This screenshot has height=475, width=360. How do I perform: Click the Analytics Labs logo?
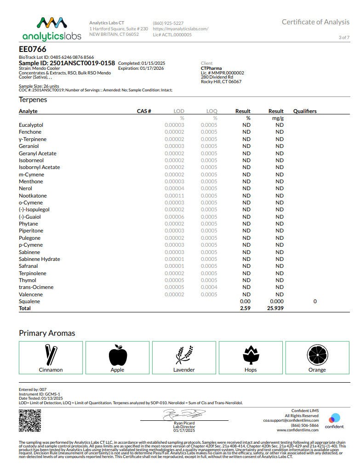[51, 28]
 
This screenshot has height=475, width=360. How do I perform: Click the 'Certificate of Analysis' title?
[316, 22]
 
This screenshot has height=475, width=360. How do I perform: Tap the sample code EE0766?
[33, 49]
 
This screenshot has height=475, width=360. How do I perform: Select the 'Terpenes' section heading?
[33, 100]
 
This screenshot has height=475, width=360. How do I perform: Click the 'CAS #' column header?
[144, 111]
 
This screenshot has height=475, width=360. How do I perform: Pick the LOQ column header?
[211, 111]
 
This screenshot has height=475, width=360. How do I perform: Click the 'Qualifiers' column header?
[305, 111]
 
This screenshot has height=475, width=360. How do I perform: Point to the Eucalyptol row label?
[31, 125]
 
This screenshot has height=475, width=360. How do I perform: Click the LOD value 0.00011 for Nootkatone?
[174, 196]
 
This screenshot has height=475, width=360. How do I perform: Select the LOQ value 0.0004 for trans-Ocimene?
[209, 287]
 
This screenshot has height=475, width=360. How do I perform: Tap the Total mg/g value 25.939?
[276, 308]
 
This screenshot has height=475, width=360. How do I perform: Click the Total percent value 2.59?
[245, 308]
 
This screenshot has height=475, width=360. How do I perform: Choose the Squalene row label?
[29, 301]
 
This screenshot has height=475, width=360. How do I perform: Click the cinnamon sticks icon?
[51, 355]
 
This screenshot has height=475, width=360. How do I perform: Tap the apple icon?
[117, 355]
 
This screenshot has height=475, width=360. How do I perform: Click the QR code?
[29, 420]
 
